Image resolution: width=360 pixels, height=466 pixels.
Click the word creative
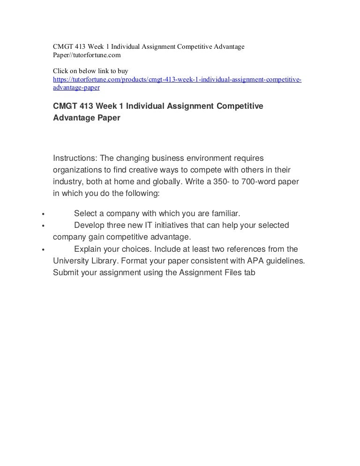coord(130,169)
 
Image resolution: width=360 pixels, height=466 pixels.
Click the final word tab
coord(248,272)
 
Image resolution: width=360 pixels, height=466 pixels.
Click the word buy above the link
coord(122,71)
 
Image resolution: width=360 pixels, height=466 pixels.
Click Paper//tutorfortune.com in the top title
coord(87,55)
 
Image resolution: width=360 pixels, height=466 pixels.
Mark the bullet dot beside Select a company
coord(43,215)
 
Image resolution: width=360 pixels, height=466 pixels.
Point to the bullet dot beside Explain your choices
coord(43,250)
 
